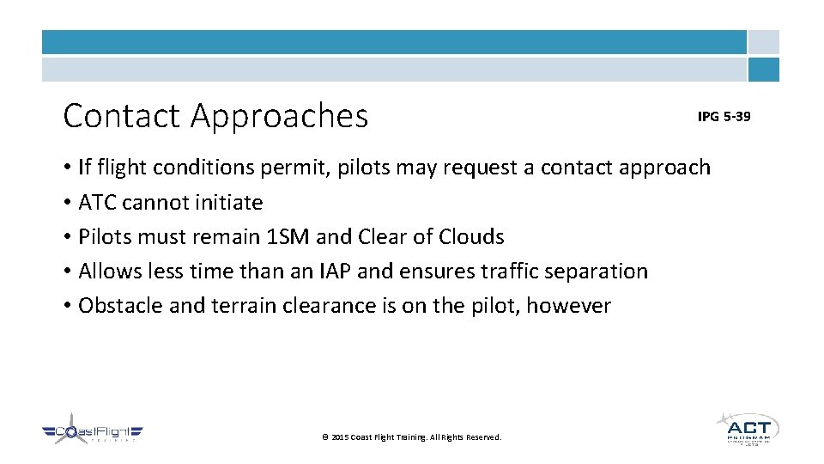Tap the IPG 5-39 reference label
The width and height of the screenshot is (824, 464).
[x=724, y=116]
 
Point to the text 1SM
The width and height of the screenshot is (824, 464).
[x=285, y=237]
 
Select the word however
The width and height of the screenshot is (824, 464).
[x=568, y=306]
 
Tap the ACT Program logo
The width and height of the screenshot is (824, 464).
[x=747, y=428]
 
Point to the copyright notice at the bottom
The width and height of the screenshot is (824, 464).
[x=411, y=437]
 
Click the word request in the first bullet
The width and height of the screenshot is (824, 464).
[x=499, y=168]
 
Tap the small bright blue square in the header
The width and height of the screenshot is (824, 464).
[x=763, y=70]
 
